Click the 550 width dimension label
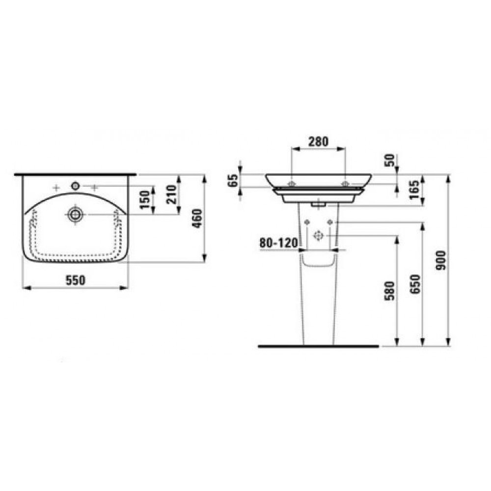point(76,280)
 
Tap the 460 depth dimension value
point(197,218)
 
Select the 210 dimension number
point(171,195)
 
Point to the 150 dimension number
point(145,200)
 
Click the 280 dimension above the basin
point(319,141)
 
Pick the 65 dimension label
point(234,180)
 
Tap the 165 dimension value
point(414,190)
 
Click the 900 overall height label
point(441,261)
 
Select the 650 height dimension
point(415,284)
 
